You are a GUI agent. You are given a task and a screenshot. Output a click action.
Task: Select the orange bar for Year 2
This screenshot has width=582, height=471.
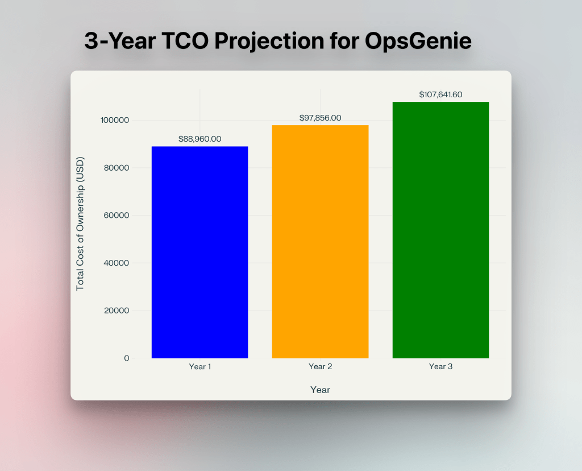pyautogui.click(x=320, y=242)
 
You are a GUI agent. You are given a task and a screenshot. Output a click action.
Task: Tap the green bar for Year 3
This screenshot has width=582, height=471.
pyautogui.click(x=440, y=230)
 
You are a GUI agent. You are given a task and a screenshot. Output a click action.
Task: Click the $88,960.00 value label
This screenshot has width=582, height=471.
pyautogui.click(x=199, y=139)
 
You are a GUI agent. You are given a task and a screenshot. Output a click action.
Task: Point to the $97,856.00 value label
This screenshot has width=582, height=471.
pyautogui.click(x=320, y=118)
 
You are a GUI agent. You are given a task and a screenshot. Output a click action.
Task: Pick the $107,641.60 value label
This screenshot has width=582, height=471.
pyautogui.click(x=440, y=94)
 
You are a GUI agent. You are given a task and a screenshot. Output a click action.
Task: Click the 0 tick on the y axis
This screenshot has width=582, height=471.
pyautogui.click(x=126, y=358)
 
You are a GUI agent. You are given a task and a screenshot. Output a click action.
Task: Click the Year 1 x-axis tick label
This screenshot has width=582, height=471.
pyautogui.click(x=200, y=367)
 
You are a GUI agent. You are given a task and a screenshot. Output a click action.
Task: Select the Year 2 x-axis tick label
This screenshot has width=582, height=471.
pyautogui.click(x=321, y=367)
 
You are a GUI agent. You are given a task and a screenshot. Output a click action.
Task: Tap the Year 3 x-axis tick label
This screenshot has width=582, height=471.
pyautogui.click(x=440, y=367)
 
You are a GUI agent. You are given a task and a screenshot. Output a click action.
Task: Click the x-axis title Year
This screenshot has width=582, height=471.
pyautogui.click(x=320, y=390)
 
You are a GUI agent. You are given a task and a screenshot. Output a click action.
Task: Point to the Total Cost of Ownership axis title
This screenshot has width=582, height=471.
pyautogui.click(x=80, y=222)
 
